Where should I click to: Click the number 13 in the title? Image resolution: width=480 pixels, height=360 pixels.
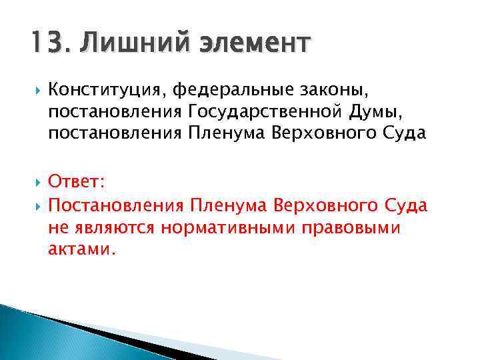coord(45,44)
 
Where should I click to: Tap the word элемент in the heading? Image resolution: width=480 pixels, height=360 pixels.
coord(253,44)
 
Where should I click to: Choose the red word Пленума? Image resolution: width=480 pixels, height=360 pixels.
coord(226,205)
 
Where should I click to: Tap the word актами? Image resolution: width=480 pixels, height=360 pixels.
coord(81,249)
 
